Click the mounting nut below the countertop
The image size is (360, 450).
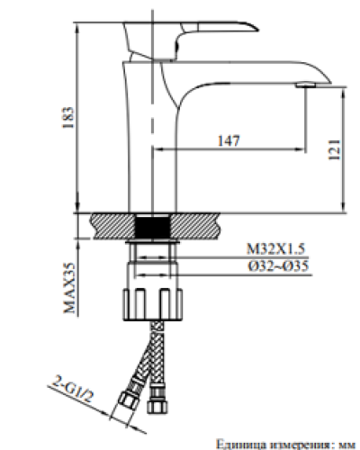pos(152,301)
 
